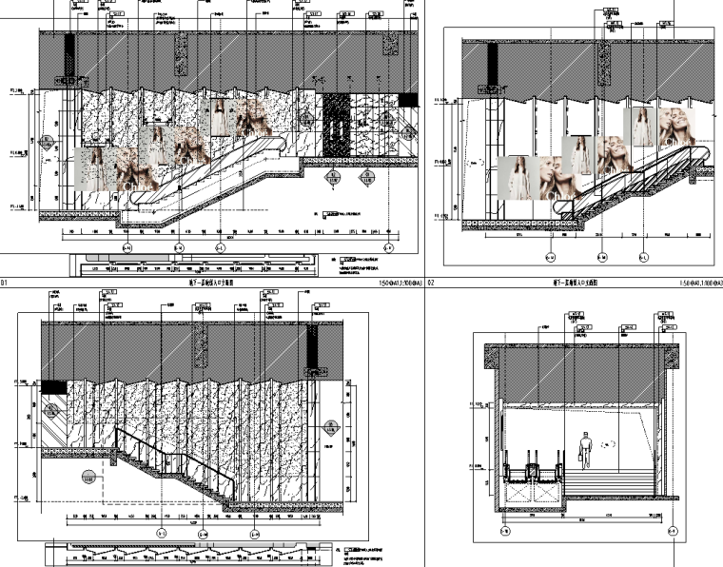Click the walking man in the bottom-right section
(586, 448)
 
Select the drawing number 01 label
(4, 283)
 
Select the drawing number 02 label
(431, 283)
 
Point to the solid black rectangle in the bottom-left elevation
(54, 387)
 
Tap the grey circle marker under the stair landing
(89, 478)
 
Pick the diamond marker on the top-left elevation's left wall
(47, 144)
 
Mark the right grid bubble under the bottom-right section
(673, 530)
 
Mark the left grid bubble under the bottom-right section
(504, 530)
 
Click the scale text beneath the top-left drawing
(399, 283)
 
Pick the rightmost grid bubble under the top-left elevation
(388, 249)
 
